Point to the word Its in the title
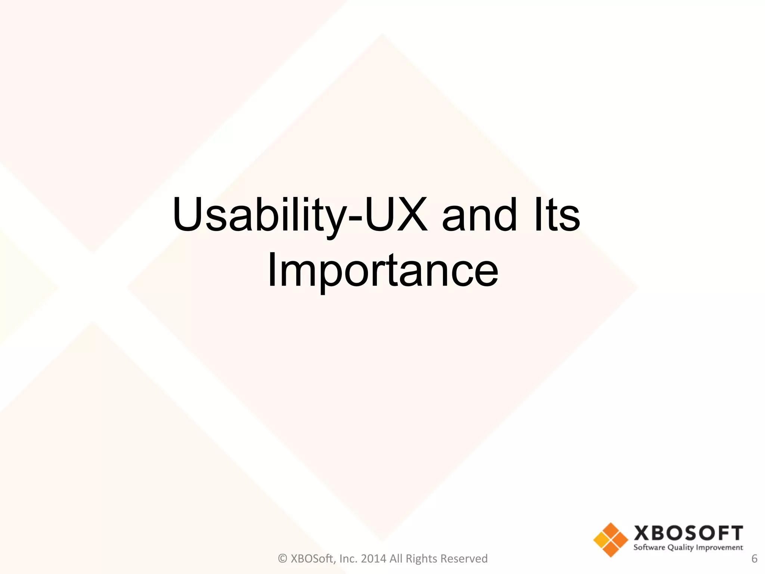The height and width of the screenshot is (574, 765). tap(557, 215)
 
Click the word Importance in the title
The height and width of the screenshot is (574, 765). tap(383, 270)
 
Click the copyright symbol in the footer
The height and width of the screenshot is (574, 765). tap(283, 558)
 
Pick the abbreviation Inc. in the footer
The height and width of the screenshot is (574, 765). tap(348, 558)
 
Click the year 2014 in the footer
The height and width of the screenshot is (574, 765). tap(374, 558)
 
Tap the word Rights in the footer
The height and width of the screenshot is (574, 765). tap(421, 558)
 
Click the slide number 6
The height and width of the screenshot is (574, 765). tap(754, 558)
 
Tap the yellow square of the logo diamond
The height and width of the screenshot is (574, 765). tap(601, 540)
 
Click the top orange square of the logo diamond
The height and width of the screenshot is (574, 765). tap(611, 530)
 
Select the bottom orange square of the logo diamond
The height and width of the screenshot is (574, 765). tap(611, 549)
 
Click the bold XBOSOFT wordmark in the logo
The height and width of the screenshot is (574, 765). tap(688, 533)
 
